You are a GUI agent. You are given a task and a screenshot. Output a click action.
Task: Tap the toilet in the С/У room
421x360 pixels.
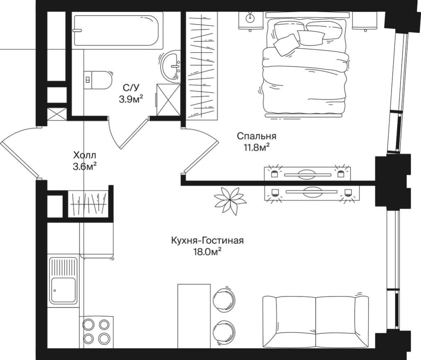point(98,80)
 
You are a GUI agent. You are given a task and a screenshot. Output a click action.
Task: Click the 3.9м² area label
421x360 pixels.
point(131,99)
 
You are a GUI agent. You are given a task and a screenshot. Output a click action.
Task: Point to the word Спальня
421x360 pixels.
point(257,136)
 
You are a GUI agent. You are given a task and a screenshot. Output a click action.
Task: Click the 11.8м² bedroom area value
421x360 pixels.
point(257,147)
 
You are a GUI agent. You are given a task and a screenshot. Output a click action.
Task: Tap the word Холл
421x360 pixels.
point(85,155)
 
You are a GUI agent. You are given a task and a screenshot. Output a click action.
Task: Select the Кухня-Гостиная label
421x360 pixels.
point(207,241)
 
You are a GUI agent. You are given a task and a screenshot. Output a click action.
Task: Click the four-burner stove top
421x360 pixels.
point(97,332)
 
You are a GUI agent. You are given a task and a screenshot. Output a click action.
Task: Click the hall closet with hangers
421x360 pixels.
point(88,204)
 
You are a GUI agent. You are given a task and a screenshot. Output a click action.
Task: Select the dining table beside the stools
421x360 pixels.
point(194,316)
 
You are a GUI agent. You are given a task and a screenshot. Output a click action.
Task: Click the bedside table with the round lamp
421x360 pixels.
point(251,20)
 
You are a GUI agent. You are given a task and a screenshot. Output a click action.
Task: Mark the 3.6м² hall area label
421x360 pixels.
point(85,167)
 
